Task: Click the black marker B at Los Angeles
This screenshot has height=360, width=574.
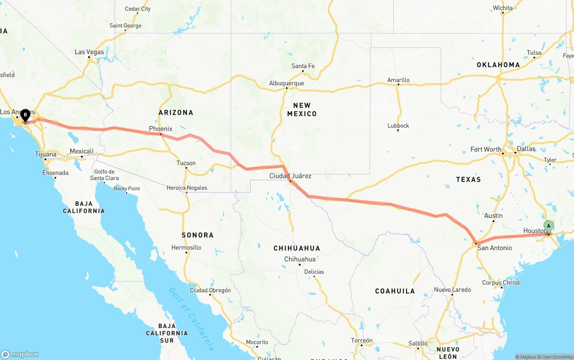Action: point(25,115)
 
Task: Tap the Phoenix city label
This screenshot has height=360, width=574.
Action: point(161,129)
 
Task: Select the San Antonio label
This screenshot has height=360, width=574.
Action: point(494,248)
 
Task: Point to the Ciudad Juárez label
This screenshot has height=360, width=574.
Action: point(290,176)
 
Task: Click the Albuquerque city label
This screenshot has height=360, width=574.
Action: point(286,83)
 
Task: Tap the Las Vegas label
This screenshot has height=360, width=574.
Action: point(89,52)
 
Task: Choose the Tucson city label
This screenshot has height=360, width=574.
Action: point(186,163)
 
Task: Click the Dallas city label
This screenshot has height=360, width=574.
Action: point(526,149)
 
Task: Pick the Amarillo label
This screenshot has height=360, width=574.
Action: point(398,80)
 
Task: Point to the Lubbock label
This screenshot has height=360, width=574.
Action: point(398,126)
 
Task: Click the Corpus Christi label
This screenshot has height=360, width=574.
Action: point(501,283)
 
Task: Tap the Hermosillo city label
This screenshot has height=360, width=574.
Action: point(186,247)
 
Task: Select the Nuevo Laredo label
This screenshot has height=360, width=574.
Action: point(452,290)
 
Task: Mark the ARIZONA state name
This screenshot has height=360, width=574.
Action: point(176,113)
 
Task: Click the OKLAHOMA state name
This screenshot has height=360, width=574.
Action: point(498,65)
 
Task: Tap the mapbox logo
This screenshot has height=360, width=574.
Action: point(20,354)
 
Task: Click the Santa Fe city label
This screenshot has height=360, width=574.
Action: point(303,66)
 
